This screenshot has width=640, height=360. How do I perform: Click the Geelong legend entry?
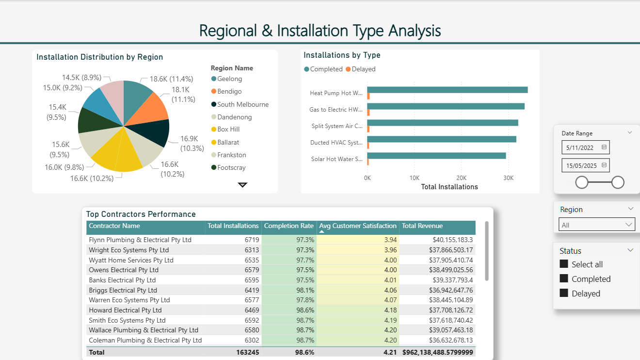[229, 79]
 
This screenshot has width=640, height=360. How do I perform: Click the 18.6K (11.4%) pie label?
[171, 79]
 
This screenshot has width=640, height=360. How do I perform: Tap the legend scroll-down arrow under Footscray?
[242, 185]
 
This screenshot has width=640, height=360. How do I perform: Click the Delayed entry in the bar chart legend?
[363, 69]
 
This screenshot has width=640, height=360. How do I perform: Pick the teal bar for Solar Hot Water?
[436, 156]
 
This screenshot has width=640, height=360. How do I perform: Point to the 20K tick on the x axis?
[462, 178]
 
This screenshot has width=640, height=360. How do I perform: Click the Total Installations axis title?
[449, 187]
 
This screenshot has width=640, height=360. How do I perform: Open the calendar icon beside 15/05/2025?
[604, 165]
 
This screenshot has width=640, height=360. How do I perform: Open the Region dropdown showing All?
[596, 225]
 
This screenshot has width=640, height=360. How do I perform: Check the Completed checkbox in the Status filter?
[564, 278]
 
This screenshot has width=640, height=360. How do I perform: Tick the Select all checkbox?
[564, 264]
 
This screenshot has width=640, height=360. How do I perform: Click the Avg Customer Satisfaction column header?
[357, 226]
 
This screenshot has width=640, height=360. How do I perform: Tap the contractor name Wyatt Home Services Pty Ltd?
[131, 260]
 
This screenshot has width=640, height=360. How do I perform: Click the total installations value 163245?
[247, 352]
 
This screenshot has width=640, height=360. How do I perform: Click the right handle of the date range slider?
[618, 182]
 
